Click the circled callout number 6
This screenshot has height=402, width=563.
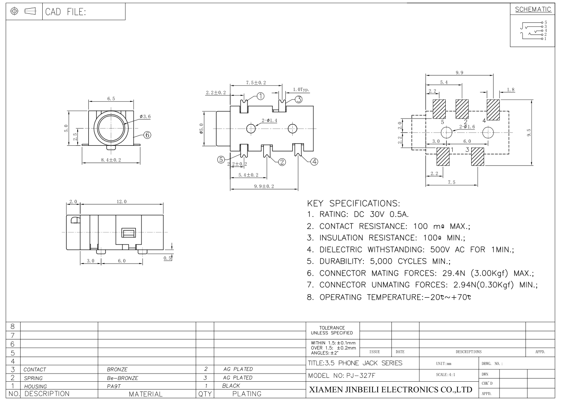(x=147, y=135)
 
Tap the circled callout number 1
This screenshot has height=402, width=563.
(x=261, y=96)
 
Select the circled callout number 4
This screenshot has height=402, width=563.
(x=314, y=162)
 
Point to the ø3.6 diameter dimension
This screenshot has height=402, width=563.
(x=145, y=116)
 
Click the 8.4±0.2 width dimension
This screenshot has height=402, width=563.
(x=111, y=160)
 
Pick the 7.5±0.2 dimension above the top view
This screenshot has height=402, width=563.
(x=256, y=82)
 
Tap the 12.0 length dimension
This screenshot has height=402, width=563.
(x=122, y=201)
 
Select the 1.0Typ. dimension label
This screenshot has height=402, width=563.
(x=301, y=90)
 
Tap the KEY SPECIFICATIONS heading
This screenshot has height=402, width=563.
(x=353, y=203)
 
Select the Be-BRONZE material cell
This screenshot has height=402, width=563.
(x=122, y=378)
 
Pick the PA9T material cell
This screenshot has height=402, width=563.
(x=114, y=386)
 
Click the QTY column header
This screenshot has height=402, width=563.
(x=204, y=394)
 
